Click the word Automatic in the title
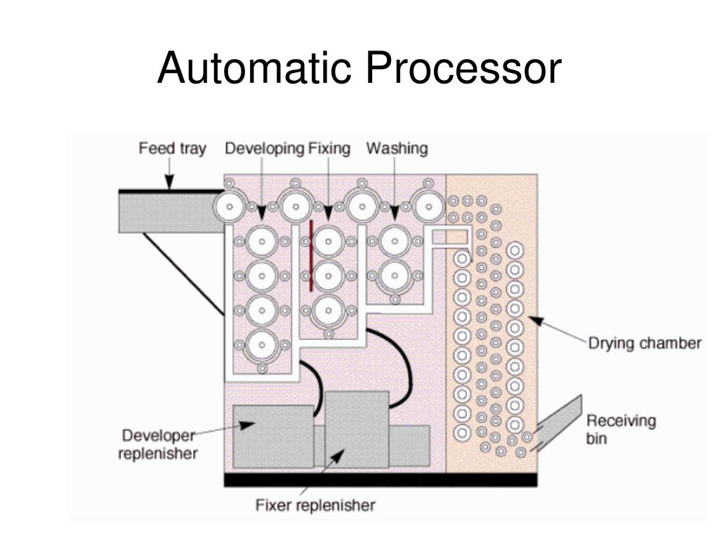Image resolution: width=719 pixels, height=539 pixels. pos(254,69)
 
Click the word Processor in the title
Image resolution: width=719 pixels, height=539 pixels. pos(461,69)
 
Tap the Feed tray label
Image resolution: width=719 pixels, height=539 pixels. pos(172,149)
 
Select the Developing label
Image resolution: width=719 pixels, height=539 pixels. pos(264,149)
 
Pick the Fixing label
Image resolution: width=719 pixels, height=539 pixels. pos(329,149)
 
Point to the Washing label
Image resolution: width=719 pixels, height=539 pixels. pos(397,149)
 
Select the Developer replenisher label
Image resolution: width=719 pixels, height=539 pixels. pos(158,444)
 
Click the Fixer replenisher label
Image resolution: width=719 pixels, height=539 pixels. pos(315,505)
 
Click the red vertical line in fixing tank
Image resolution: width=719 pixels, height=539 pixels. pos(311,256)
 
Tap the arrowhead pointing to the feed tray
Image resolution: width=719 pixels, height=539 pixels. pos(169,182)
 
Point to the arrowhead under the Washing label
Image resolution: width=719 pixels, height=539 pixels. pos(395,212)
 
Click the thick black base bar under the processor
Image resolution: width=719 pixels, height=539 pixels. pos(380,480)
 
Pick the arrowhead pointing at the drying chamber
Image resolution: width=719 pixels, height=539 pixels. pos(536,321)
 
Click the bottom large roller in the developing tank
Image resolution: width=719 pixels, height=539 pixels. pos(261,345)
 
